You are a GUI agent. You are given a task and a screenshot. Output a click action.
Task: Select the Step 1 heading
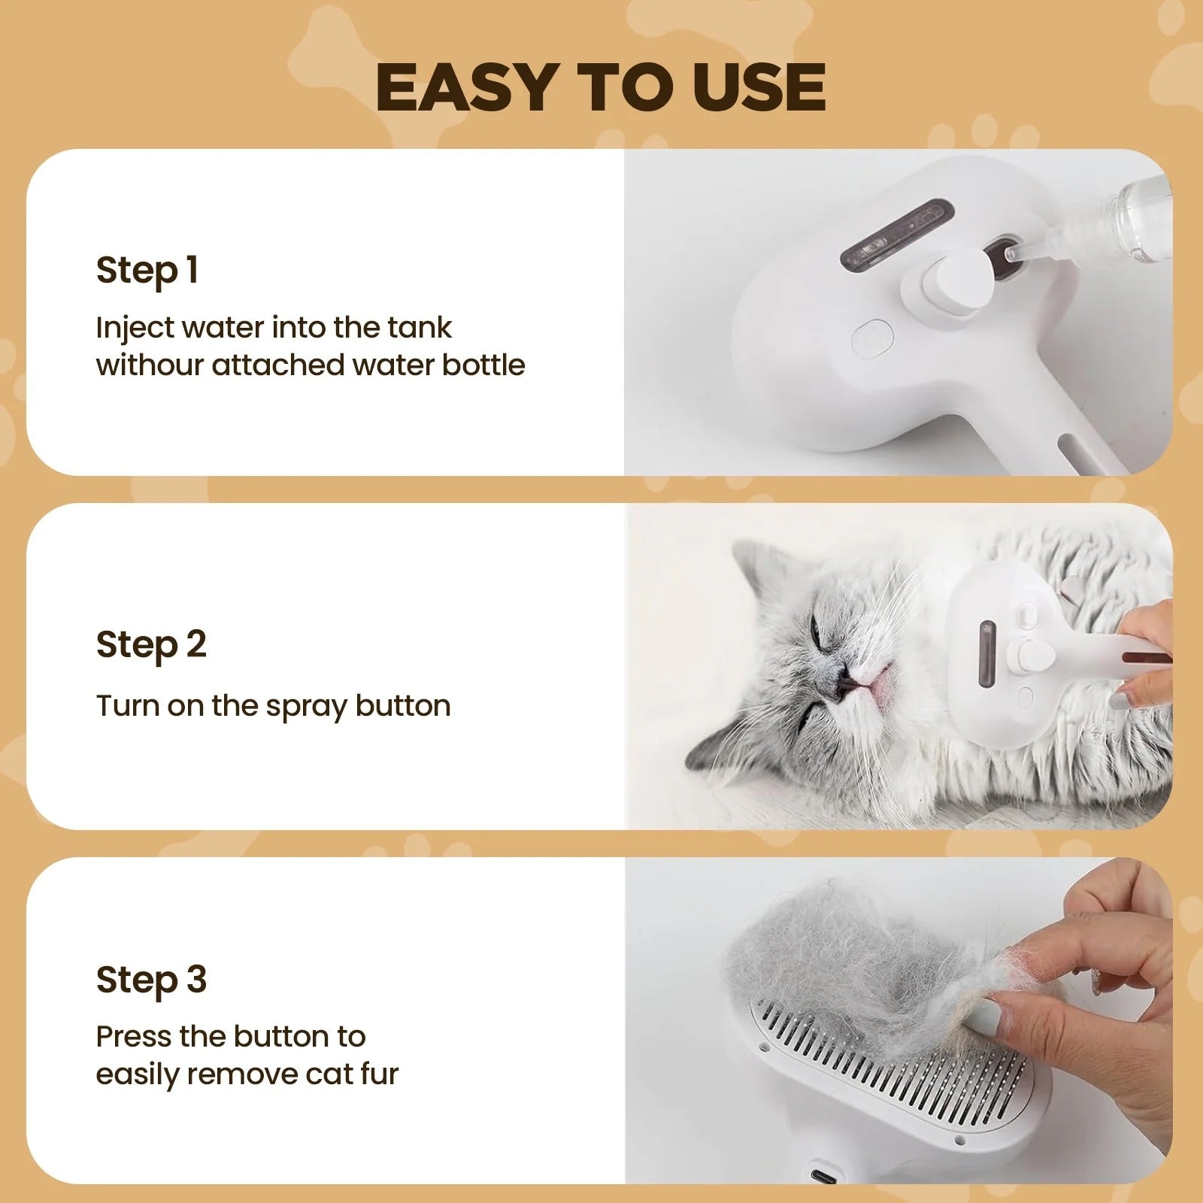tap(147, 270)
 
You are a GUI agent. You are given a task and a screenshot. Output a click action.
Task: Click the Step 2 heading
tap(151, 644)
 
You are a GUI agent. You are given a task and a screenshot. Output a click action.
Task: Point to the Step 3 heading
tap(151, 980)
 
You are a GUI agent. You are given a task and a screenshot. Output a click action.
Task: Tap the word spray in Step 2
tap(305, 707)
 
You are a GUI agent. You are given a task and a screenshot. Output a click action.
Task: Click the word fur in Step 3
tap(379, 1074)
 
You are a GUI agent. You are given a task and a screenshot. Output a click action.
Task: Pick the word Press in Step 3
tap(134, 1037)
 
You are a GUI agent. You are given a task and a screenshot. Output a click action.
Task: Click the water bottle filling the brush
tap(1128, 218)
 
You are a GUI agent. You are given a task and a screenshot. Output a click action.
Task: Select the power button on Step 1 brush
tap(872, 338)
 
